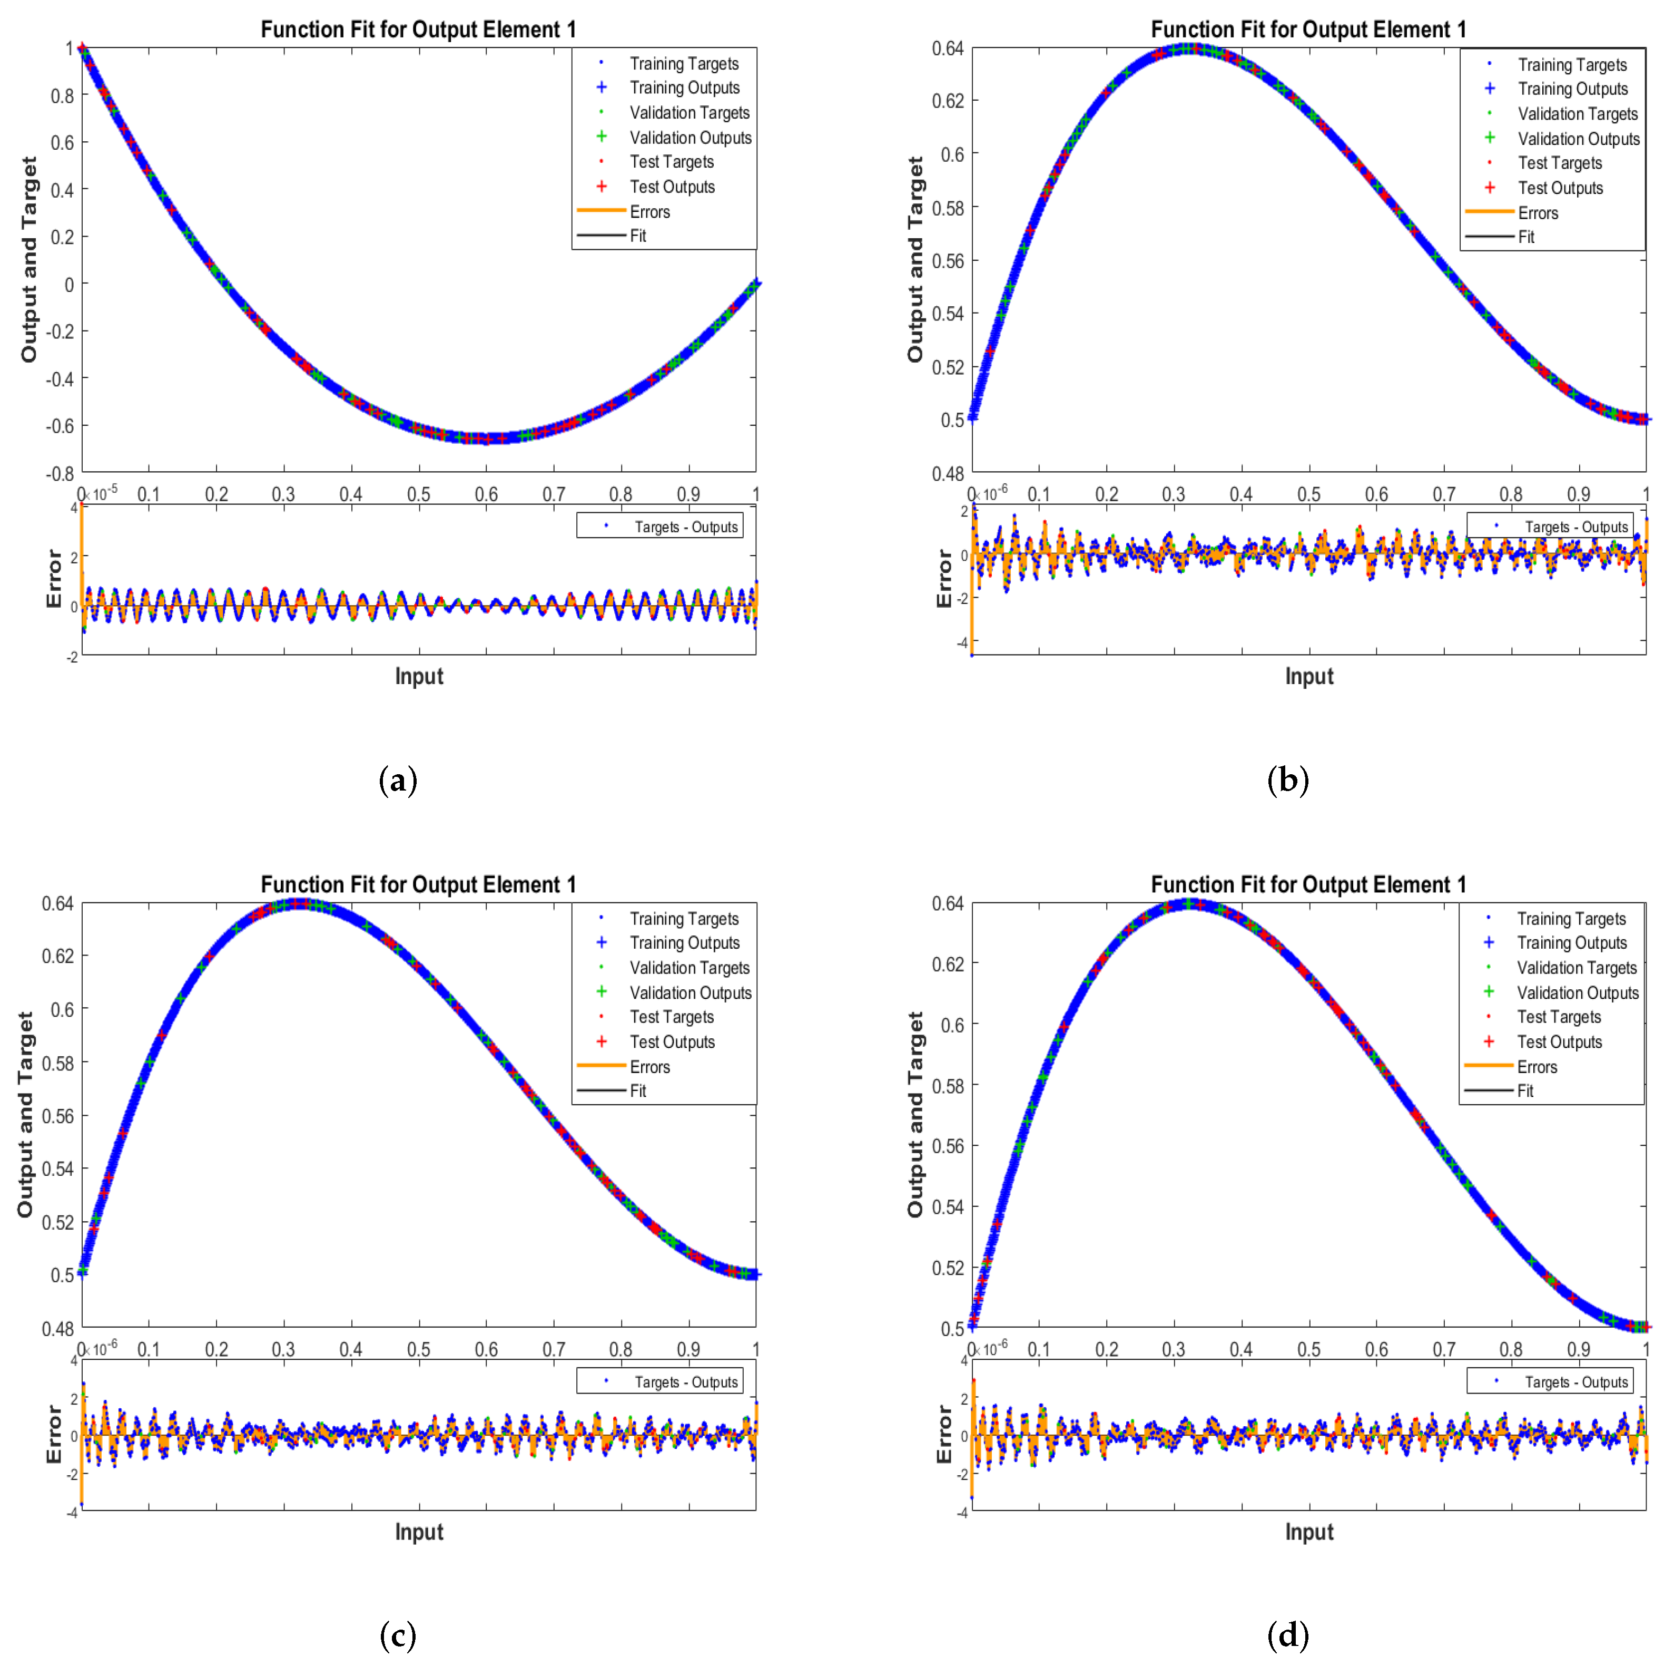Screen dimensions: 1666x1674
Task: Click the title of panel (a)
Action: pyautogui.click(x=418, y=30)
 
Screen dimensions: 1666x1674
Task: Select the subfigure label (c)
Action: pyautogui.click(x=398, y=1635)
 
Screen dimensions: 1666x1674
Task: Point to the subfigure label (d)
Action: pyautogui.click(x=1287, y=1635)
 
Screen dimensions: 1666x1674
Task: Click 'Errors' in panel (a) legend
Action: pyautogui.click(x=649, y=211)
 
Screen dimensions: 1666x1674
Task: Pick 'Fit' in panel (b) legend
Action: pyautogui.click(x=1526, y=237)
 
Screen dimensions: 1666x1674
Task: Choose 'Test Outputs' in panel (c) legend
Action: pyautogui.click(x=672, y=1042)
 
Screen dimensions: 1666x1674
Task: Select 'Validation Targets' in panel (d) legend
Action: pyautogui.click(x=1576, y=967)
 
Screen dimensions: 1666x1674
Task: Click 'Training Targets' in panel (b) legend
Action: pyautogui.click(x=1572, y=65)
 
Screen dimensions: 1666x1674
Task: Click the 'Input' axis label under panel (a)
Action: pyautogui.click(x=418, y=676)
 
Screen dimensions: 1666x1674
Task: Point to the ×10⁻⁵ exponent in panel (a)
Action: pyautogui.click(x=104, y=494)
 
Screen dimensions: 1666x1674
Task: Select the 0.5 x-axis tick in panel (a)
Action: pyautogui.click(x=418, y=494)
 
